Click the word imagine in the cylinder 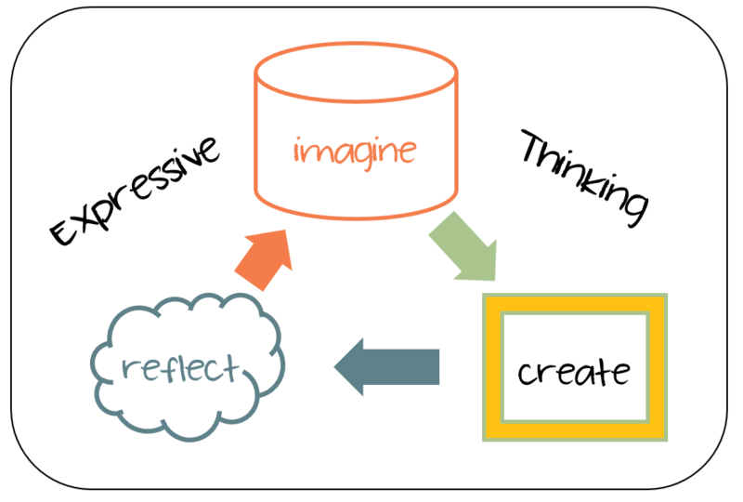pos(355,149)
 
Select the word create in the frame pos(574,372)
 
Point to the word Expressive pos(135,192)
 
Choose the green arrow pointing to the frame pos(464,246)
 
